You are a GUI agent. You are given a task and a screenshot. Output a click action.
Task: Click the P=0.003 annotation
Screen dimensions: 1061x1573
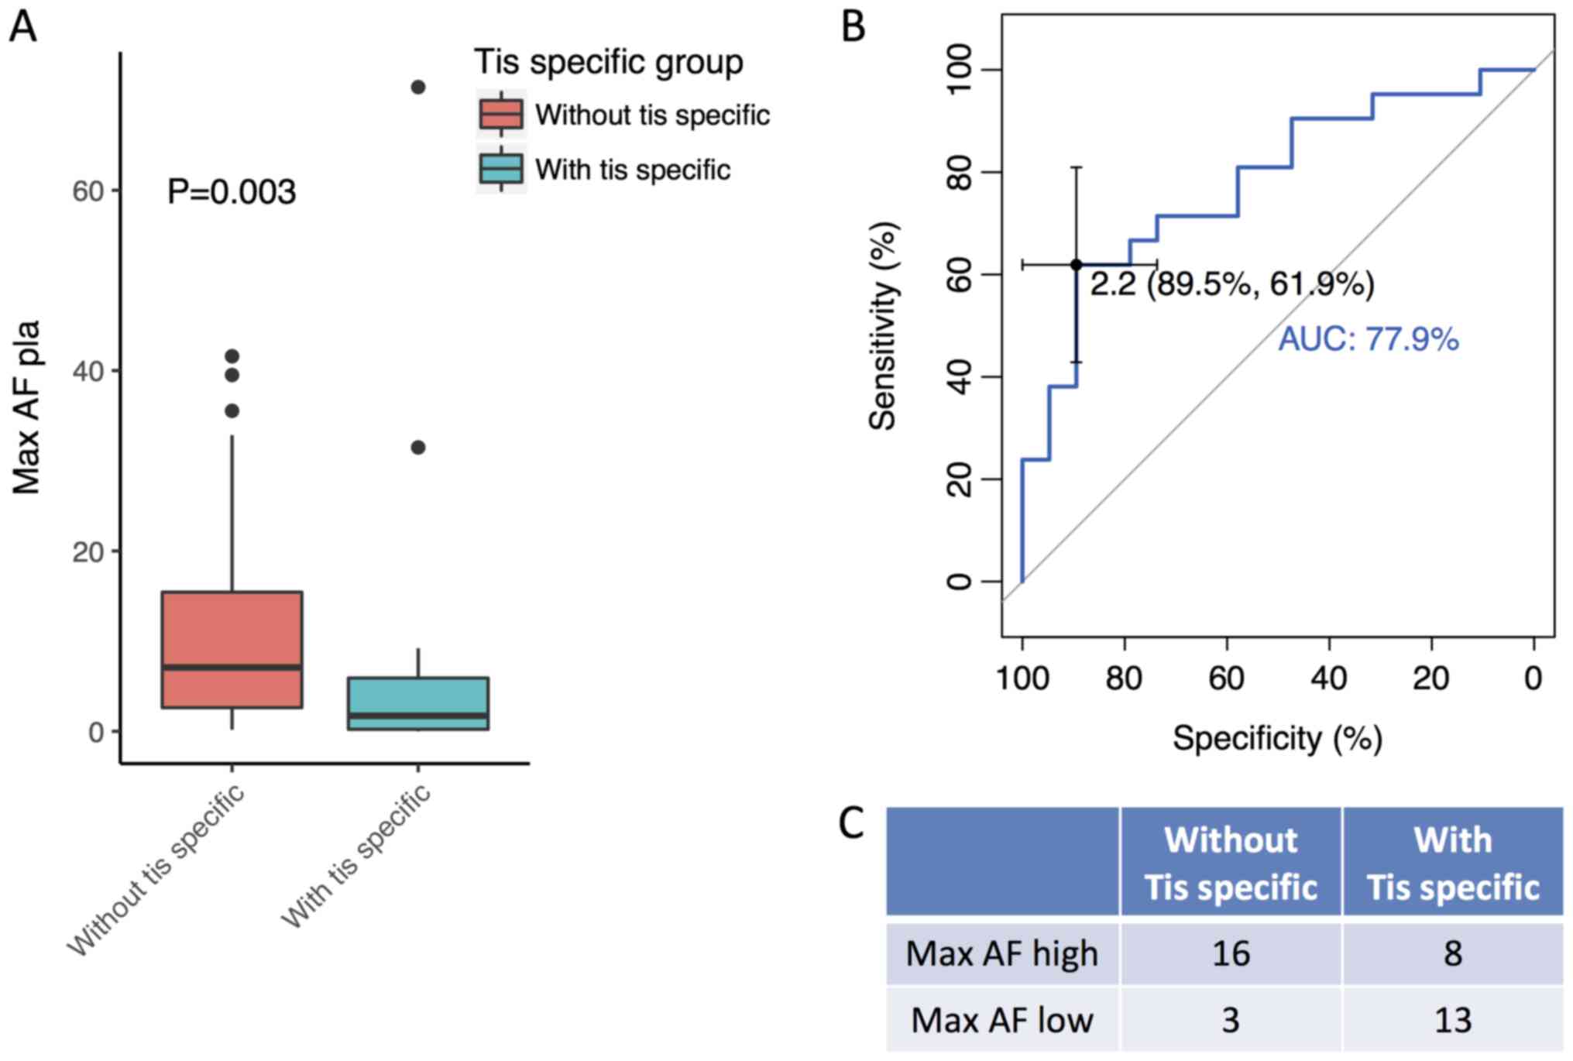tap(232, 192)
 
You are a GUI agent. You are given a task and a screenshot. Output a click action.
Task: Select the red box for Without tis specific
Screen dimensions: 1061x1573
tap(232, 649)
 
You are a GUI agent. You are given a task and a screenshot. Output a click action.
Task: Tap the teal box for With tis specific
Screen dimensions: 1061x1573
tap(418, 703)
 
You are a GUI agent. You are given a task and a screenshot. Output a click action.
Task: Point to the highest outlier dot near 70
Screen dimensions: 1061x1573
tap(418, 87)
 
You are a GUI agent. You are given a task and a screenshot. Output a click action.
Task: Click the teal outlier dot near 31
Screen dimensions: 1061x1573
tap(418, 447)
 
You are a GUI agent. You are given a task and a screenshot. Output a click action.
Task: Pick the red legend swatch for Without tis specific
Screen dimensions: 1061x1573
tap(501, 114)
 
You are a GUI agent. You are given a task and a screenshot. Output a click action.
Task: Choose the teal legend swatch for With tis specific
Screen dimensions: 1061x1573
tap(501, 168)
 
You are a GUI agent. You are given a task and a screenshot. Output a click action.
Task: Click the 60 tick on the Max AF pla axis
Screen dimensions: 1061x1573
tap(88, 191)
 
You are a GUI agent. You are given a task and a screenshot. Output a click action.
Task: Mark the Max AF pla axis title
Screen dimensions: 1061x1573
tap(26, 407)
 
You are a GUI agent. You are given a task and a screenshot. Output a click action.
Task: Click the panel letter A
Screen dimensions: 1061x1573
tap(22, 27)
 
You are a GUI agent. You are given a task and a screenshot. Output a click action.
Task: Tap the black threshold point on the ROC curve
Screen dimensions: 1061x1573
tap(1076, 265)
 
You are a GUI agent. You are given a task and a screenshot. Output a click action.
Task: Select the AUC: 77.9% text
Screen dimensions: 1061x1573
tap(1368, 339)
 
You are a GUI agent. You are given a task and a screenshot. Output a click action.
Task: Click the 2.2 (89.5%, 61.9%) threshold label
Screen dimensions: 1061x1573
tap(1231, 283)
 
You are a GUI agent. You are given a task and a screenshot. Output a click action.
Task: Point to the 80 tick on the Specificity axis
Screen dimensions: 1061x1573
tap(1125, 678)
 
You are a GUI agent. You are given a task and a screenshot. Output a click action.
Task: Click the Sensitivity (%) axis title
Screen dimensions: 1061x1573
tap(883, 325)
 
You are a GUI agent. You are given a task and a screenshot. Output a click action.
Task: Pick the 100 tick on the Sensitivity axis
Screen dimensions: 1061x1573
tap(960, 69)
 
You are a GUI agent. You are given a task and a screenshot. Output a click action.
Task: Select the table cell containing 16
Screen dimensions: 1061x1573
tap(1230, 953)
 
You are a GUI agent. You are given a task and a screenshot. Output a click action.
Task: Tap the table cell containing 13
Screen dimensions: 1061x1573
tap(1452, 1019)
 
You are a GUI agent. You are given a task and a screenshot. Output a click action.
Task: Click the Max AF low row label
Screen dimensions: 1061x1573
tap(1002, 1019)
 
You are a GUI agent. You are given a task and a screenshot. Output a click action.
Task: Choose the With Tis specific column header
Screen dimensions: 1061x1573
tap(1452, 863)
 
